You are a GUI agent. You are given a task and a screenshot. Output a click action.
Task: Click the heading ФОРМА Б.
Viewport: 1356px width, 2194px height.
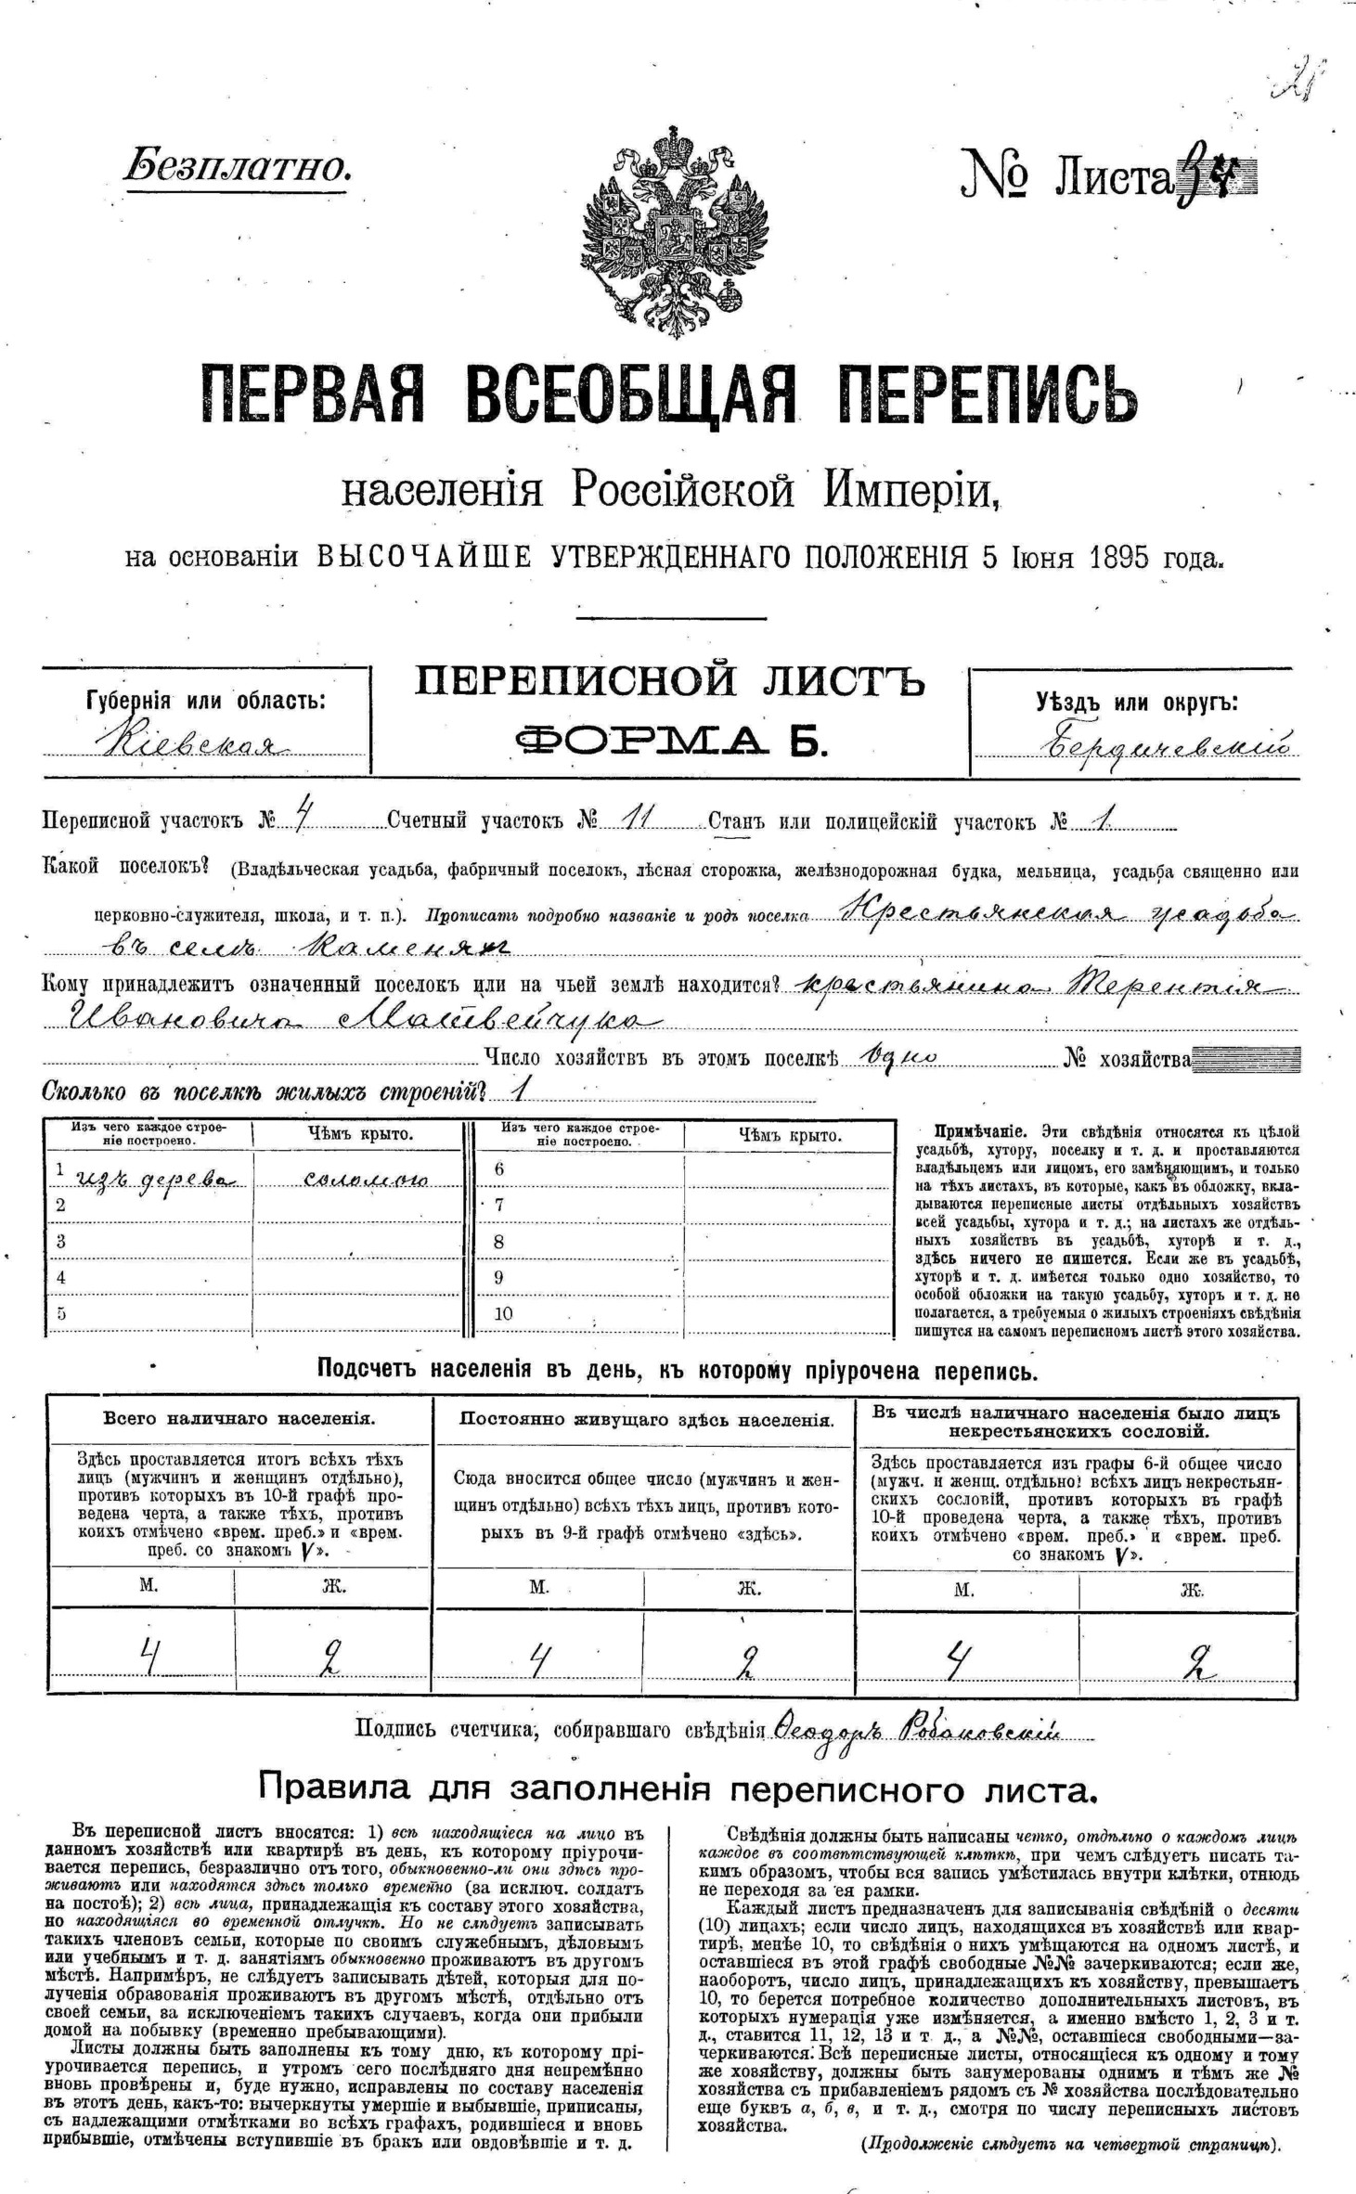[669, 741]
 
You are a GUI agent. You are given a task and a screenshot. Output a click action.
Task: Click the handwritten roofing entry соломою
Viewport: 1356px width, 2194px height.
[365, 1180]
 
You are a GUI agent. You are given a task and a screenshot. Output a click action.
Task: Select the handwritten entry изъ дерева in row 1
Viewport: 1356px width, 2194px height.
[149, 1178]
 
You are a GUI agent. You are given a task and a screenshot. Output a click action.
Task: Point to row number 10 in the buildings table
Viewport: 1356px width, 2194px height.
[503, 1314]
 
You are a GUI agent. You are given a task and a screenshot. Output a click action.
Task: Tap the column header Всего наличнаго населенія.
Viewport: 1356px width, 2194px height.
[239, 1418]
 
